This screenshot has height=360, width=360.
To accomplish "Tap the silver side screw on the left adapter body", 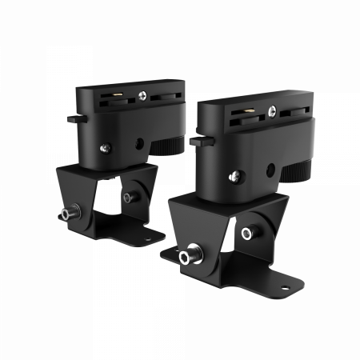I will coord(104,146).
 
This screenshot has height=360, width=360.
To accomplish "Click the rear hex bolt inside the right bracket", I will coord(247,233).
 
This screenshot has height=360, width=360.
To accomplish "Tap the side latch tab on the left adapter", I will coord(73,118).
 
